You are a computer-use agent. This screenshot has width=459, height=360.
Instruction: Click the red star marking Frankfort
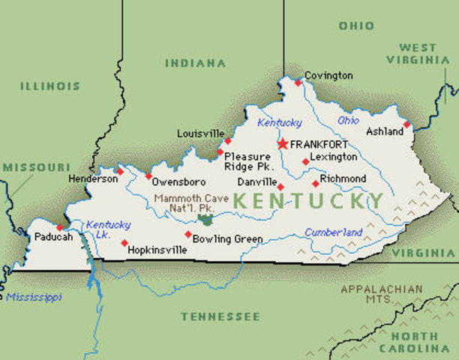282,143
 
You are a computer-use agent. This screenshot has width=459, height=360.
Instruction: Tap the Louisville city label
200,133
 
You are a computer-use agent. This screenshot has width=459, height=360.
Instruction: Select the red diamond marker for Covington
298,82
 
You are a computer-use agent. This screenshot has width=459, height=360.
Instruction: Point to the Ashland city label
385,132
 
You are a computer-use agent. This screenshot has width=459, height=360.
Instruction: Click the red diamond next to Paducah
59,227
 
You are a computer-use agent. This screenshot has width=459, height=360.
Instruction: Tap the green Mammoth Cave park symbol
205,220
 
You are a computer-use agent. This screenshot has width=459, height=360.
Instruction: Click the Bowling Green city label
227,239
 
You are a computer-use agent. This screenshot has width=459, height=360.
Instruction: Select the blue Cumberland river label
333,232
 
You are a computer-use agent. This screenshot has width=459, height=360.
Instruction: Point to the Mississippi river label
34,297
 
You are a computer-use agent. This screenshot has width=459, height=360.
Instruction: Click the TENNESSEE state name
209,316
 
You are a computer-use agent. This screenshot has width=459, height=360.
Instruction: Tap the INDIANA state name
195,63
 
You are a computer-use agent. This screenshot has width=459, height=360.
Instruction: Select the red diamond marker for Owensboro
148,175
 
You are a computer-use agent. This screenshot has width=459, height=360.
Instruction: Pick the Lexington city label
334,157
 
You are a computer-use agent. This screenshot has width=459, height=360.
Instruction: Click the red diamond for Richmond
315,183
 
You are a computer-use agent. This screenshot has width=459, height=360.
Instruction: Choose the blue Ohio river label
348,120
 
